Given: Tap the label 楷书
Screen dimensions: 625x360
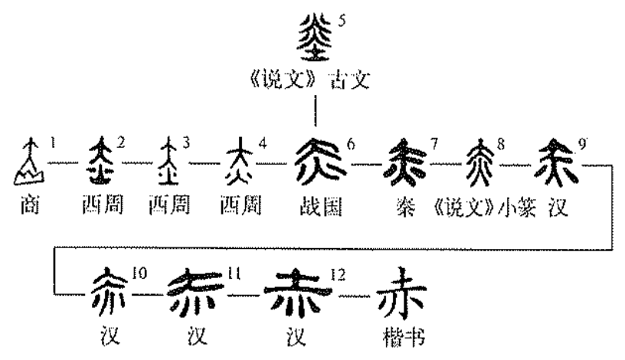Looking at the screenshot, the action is point(399,338).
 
